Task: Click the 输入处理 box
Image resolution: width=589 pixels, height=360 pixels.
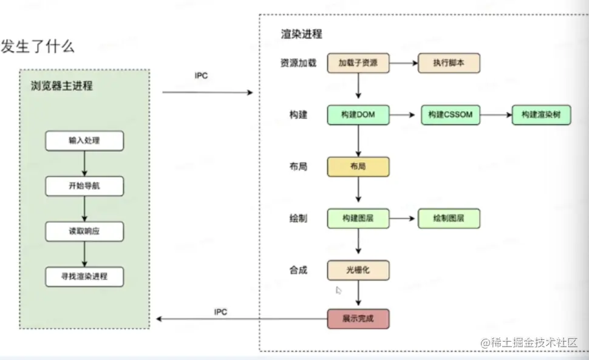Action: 84,141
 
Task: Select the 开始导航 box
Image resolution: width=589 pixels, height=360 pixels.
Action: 84,186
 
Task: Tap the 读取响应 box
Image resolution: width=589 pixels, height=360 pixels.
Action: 84,231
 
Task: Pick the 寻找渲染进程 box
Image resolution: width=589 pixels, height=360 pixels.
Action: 84,276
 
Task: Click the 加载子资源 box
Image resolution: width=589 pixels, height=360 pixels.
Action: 358,63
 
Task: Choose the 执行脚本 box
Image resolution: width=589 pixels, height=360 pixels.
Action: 449,63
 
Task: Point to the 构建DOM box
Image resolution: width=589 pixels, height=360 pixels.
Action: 358,115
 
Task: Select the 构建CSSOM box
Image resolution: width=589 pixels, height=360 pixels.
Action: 451,115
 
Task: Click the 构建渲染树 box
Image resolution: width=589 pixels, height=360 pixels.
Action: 542,115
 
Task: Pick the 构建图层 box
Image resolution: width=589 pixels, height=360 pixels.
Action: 358,218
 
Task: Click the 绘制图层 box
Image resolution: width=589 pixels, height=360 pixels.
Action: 449,218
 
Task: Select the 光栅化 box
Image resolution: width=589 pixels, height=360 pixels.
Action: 358,270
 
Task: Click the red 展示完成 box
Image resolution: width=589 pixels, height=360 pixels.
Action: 358,319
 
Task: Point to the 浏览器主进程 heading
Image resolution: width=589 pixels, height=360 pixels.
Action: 62,86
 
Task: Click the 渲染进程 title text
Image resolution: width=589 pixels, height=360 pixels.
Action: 301,34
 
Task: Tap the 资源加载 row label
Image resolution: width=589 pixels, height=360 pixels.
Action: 298,63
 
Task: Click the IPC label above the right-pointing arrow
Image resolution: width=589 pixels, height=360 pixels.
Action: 201,76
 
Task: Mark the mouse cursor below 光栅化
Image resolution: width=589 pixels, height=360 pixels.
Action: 339,290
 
